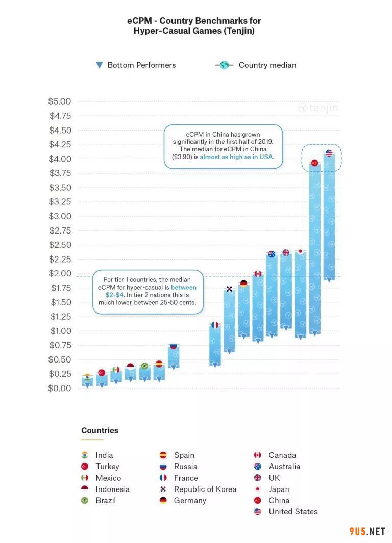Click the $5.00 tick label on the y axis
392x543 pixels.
click(x=60, y=101)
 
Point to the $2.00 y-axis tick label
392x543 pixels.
click(x=60, y=273)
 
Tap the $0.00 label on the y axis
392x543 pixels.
click(x=60, y=388)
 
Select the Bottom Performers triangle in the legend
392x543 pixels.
click(x=100, y=65)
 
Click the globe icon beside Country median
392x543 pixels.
click(x=224, y=65)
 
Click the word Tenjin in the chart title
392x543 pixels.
click(x=239, y=31)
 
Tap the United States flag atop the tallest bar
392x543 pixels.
click(x=329, y=153)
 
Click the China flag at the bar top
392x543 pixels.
click(x=314, y=163)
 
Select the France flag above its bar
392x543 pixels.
click(x=215, y=325)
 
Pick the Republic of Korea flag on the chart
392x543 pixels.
click(x=230, y=289)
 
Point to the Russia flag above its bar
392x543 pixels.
click(x=173, y=346)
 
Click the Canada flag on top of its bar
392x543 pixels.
click(x=258, y=274)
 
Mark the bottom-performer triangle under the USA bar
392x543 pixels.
click(x=329, y=279)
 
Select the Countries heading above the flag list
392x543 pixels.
click(x=100, y=430)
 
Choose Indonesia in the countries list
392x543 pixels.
click(x=112, y=489)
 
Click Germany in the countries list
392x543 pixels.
click(x=190, y=500)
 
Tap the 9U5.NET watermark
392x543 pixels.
click(x=367, y=532)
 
